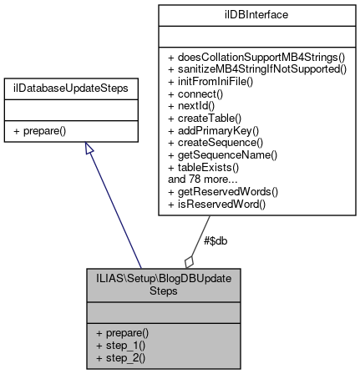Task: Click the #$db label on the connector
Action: point(215,241)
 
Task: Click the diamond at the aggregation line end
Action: point(190,262)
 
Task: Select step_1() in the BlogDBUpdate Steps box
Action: point(120,346)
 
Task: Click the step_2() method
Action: point(120,358)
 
